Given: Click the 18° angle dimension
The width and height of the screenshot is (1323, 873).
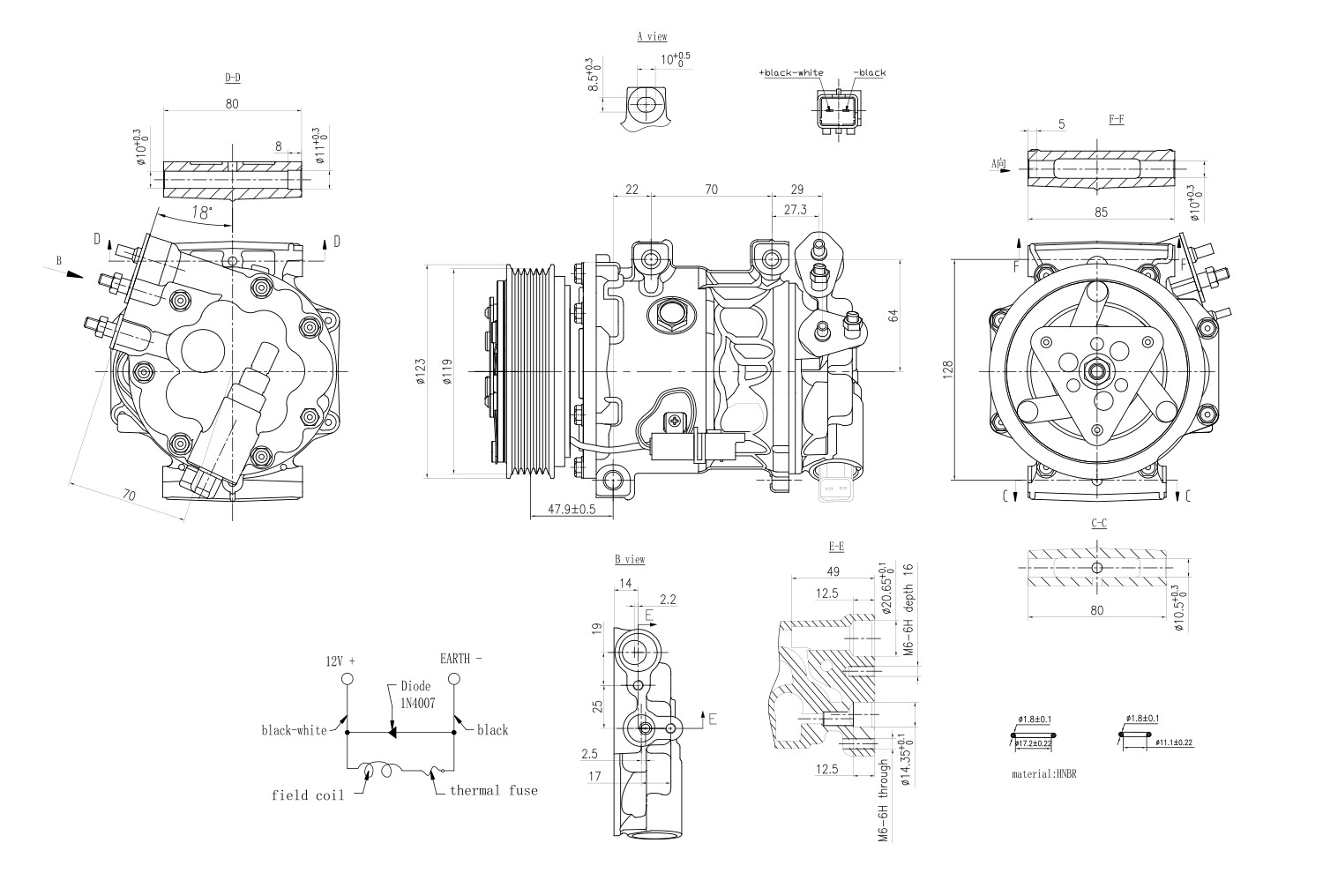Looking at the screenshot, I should pos(202,213).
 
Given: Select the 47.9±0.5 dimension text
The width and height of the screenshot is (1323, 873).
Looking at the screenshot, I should pos(572,509).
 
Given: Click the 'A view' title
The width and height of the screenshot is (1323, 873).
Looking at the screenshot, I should pos(652,37).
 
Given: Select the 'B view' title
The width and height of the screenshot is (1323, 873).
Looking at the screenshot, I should pos(630,559).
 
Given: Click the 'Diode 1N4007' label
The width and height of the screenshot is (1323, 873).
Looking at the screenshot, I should pos(415,693).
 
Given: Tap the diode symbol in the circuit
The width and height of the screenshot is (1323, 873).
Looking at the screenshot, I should pos(392,732).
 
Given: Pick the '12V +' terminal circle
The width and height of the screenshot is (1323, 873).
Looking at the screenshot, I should pos(347,679).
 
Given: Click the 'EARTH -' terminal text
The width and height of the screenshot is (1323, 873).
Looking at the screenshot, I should pos(460,658).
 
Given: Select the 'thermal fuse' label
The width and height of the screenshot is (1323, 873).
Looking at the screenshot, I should pos(493,790).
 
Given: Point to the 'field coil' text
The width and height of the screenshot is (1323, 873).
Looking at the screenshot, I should pos(302,795).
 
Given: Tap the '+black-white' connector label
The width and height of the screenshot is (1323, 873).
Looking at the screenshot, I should pos(790,72).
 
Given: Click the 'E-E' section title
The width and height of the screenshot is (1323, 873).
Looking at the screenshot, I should pos(836,547).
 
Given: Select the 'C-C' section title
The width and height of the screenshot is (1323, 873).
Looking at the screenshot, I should pos(1099,523).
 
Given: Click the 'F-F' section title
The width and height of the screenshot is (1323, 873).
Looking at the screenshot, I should pos(1116,119).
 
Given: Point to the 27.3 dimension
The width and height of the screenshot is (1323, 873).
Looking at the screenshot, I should pos(795,210).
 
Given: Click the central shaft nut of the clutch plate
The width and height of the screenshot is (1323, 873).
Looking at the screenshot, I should pos(1096,371).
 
